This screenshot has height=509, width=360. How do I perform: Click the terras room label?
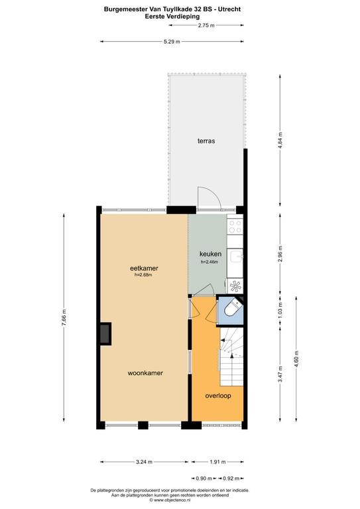(x=206, y=141)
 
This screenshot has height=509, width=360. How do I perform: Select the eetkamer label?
(x=144, y=268)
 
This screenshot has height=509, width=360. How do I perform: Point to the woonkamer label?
(x=145, y=373)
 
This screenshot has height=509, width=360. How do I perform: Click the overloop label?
(x=218, y=396)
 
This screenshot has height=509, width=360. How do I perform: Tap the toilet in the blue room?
(x=233, y=308)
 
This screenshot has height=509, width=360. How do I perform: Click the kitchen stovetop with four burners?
(x=235, y=227)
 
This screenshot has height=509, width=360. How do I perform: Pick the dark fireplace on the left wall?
(x=105, y=334)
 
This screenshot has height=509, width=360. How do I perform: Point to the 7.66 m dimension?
(x=64, y=317)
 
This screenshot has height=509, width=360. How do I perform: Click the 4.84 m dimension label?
(x=280, y=140)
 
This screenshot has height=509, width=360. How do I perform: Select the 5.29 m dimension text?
(x=172, y=42)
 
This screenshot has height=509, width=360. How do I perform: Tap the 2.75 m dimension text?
(x=206, y=25)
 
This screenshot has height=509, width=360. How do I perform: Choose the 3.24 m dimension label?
(x=144, y=461)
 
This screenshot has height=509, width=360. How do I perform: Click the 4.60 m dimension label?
(x=296, y=359)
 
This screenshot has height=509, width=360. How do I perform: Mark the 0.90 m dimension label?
(x=204, y=478)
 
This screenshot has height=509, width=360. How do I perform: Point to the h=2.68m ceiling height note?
(x=143, y=274)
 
